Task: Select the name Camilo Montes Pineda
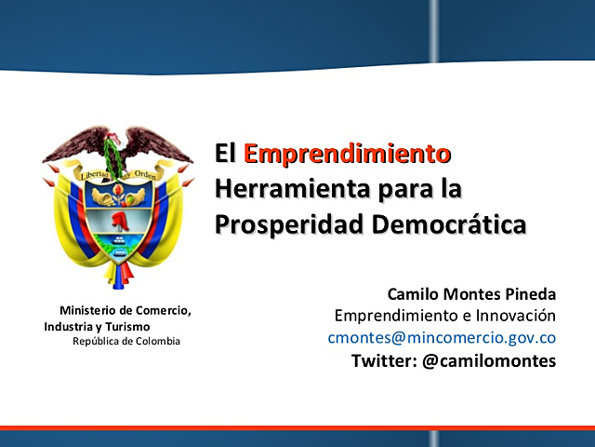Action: click(x=471, y=294)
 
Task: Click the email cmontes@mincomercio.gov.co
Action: click(x=442, y=337)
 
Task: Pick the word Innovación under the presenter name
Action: click(x=514, y=316)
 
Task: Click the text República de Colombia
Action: click(x=126, y=342)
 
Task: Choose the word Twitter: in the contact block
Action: click(x=385, y=359)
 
